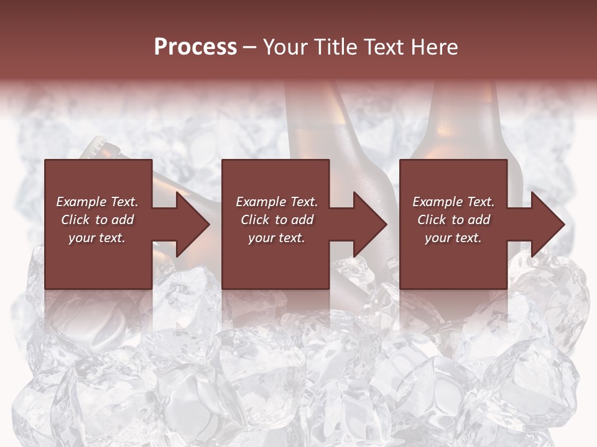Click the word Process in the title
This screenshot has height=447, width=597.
[x=195, y=47]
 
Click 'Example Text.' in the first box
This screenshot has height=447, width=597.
[x=97, y=202]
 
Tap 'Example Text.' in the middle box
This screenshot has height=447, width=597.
[x=277, y=202]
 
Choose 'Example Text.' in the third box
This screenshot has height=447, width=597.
[x=453, y=202]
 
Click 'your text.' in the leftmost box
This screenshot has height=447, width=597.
[x=97, y=238]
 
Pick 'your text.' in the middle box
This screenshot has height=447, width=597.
[x=277, y=238]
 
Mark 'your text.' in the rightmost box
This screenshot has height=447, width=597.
[x=453, y=238]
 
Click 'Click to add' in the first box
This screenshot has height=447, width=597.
[x=97, y=220]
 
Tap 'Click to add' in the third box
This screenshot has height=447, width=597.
[x=453, y=220]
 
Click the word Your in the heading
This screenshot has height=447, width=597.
[x=284, y=47]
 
